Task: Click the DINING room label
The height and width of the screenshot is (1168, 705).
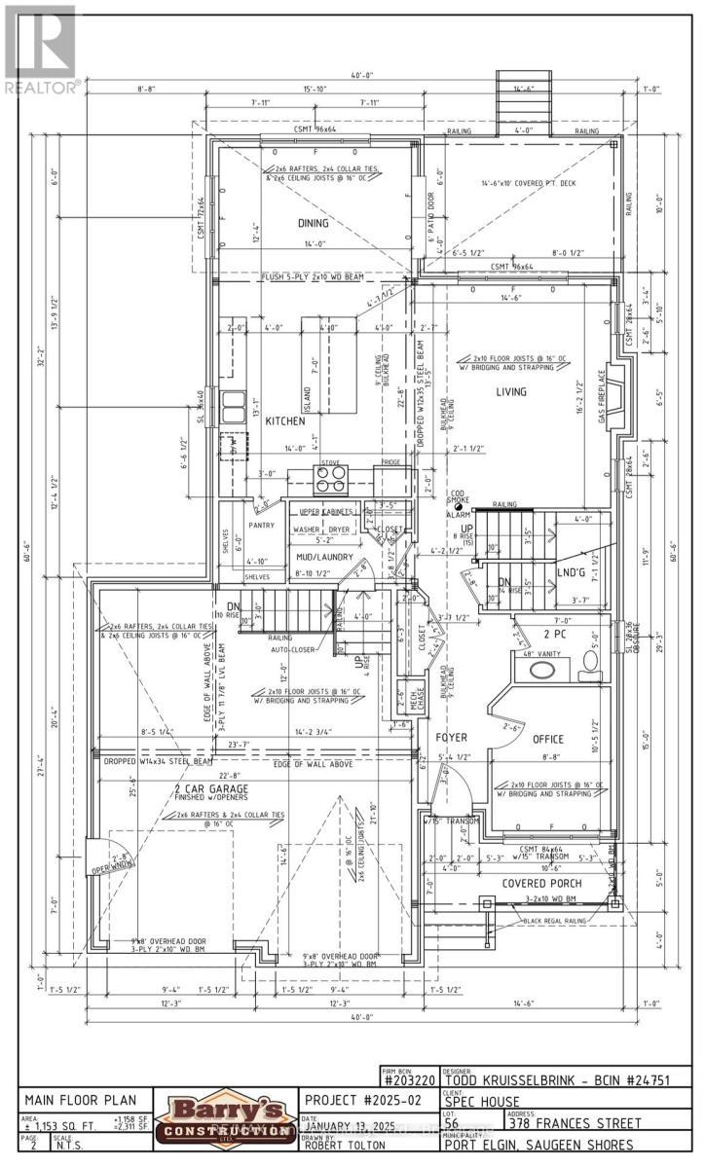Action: point(314,223)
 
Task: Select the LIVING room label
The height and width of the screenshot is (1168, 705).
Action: point(510,392)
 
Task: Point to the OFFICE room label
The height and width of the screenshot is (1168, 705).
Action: point(548,739)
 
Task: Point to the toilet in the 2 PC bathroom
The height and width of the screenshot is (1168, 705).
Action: point(589,664)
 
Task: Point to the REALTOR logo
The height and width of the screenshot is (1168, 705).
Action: point(40,49)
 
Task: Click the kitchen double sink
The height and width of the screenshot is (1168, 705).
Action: point(233,402)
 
